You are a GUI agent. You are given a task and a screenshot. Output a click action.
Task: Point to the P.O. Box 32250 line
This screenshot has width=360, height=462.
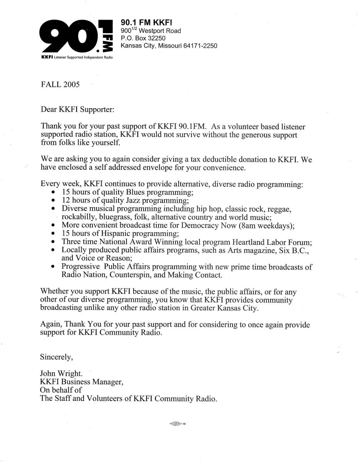pyautogui.click(x=143, y=38)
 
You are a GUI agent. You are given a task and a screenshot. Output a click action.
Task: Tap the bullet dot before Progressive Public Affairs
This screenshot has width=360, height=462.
pyautogui.click(x=53, y=267)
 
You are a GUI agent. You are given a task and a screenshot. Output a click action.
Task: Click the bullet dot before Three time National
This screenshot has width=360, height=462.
pyautogui.click(x=53, y=242)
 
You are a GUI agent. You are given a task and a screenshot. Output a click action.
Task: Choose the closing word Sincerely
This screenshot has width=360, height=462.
pyautogui.click(x=57, y=357)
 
